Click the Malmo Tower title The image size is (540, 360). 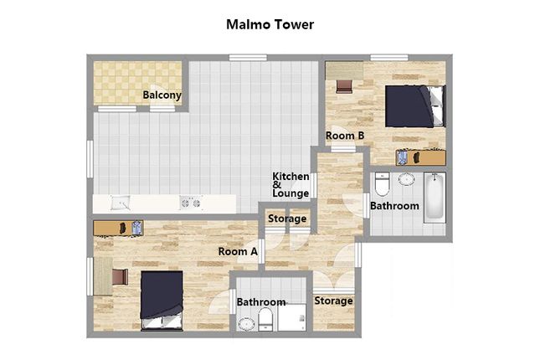point(270,25)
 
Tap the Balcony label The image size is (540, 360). point(162,95)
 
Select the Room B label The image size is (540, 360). point(345,136)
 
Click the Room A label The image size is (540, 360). point(238,251)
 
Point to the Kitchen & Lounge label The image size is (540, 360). point(291,185)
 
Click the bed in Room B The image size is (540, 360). point(415,106)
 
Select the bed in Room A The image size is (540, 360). point(162,301)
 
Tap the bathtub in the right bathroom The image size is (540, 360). point(435,198)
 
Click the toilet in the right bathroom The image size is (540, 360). point(382,184)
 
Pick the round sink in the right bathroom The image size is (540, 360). point(406,179)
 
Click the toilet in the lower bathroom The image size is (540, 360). point(265,319)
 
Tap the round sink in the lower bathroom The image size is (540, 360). point(246,325)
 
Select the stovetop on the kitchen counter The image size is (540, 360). point(191,203)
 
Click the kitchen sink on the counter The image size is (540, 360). point(121,203)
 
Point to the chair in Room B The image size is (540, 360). point(344,86)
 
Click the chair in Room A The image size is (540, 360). point(120,277)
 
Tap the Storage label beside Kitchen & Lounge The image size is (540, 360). point(287,219)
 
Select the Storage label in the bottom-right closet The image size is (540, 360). point(333,301)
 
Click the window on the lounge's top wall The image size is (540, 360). point(248,58)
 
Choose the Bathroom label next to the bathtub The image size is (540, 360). point(394,206)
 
